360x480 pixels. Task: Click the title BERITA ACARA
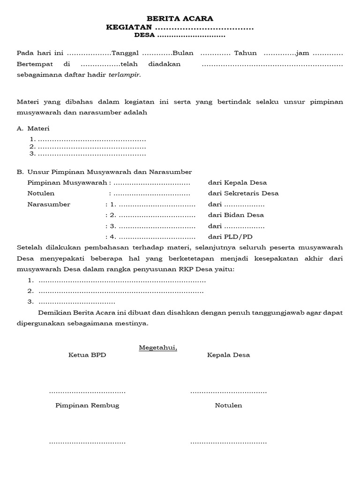pos(180,18)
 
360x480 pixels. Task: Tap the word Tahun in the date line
pos(246,53)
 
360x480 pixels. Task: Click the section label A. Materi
pos(33,128)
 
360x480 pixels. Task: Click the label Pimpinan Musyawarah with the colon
pos(69,182)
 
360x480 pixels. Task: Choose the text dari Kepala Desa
pos(237,182)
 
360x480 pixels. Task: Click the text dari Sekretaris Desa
pos(243,193)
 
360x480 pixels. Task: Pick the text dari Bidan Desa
pos(236,215)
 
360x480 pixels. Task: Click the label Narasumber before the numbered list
pos(49,204)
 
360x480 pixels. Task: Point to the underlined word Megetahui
pos(158,347)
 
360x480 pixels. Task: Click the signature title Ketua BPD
pos(87,355)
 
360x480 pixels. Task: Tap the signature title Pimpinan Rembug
pos(87,405)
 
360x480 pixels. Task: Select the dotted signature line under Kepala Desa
pos(228,391)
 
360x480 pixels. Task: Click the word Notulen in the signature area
pos(228,405)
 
